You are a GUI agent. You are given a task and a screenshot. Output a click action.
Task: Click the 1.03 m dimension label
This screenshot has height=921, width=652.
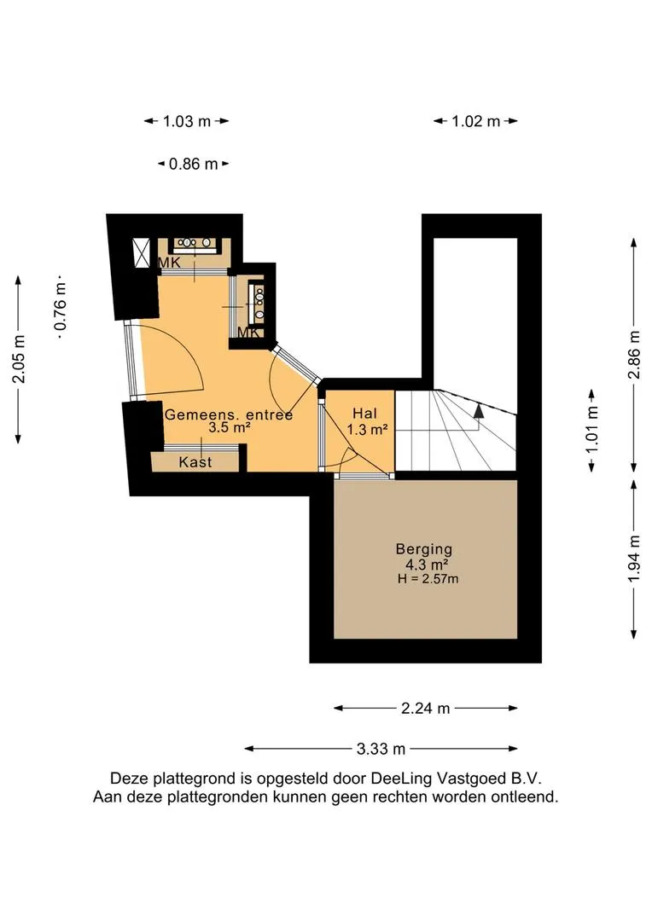[x=186, y=121]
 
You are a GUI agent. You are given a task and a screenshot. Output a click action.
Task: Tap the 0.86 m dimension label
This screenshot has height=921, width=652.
[x=193, y=164]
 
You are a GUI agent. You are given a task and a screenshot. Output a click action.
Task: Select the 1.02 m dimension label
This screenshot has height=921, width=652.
[x=475, y=121]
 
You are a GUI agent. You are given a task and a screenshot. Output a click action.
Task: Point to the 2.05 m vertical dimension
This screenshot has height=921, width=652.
[x=19, y=358]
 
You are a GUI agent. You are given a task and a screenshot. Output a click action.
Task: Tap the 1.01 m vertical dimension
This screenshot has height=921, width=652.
[x=592, y=430]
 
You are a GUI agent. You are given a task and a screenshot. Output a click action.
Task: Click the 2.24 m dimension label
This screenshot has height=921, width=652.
[x=425, y=708]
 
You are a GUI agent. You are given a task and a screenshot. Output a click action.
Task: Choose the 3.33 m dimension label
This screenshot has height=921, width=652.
[x=381, y=749]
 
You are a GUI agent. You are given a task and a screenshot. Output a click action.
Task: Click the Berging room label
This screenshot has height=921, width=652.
[x=423, y=549]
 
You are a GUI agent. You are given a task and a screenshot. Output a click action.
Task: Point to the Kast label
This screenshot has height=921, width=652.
[x=195, y=461]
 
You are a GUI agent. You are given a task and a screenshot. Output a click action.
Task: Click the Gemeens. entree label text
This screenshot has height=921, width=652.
[x=228, y=414]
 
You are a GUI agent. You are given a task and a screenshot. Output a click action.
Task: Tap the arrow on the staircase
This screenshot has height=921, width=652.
[x=480, y=410]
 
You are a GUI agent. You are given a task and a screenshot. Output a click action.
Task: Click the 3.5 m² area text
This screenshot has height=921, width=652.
[x=229, y=429]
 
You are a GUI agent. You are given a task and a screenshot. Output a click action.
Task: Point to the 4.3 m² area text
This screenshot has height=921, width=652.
[x=423, y=565]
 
